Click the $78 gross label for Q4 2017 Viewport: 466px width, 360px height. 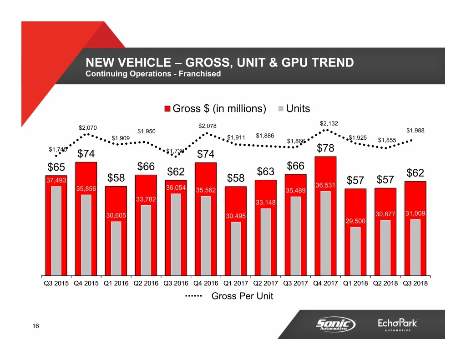pos(325,149)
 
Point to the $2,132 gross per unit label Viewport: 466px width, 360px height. pos(329,123)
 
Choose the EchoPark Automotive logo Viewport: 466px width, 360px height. pos(397,325)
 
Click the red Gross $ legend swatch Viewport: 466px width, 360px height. pos(167,109)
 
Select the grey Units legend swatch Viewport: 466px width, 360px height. pos(281,109)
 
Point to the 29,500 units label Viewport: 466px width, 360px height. pos(355,221)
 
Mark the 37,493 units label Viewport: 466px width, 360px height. pos(56,180)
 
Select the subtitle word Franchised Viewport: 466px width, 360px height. pos(200,74)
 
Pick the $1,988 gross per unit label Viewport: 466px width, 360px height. pos(415,130)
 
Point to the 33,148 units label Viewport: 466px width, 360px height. pos(266,202)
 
